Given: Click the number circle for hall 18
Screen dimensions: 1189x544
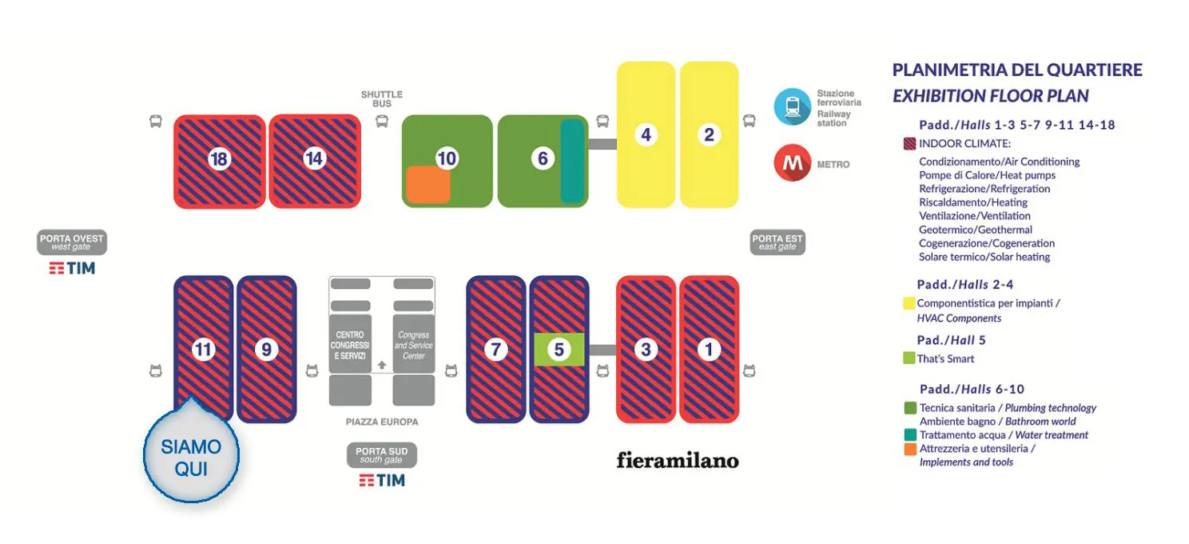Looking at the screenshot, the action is tap(219, 159).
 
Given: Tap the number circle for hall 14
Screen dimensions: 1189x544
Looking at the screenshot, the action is tap(314, 158).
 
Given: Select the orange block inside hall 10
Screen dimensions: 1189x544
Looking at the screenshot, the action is tap(427, 184).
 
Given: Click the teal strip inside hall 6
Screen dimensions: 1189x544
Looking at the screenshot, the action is tap(572, 161).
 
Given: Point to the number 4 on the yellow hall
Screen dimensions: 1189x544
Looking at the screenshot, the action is tap(646, 134).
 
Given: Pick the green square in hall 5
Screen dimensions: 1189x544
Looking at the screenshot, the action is tap(559, 349).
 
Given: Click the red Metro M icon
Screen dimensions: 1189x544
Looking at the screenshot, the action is tap(793, 163).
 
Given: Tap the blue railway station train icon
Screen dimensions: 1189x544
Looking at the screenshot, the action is tap(793, 106).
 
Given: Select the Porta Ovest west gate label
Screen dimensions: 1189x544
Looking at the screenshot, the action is tap(72, 242).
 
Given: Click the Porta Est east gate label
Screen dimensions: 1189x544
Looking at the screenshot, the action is tap(777, 242).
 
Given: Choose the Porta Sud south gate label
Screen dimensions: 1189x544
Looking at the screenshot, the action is tap(382, 455).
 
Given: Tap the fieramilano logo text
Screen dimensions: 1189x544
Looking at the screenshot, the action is tap(678, 460).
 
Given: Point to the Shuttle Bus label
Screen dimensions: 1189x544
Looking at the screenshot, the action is tap(382, 99).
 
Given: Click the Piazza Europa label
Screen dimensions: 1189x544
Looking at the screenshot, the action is tap(382, 422).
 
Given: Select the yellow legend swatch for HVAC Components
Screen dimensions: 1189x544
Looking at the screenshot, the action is tap(909, 303).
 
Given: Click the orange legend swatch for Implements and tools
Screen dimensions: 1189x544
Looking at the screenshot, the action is tap(910, 449).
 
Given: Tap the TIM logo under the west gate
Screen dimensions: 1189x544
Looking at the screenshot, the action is tap(72, 268).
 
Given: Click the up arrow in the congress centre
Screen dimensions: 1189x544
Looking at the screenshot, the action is tap(382, 365).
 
